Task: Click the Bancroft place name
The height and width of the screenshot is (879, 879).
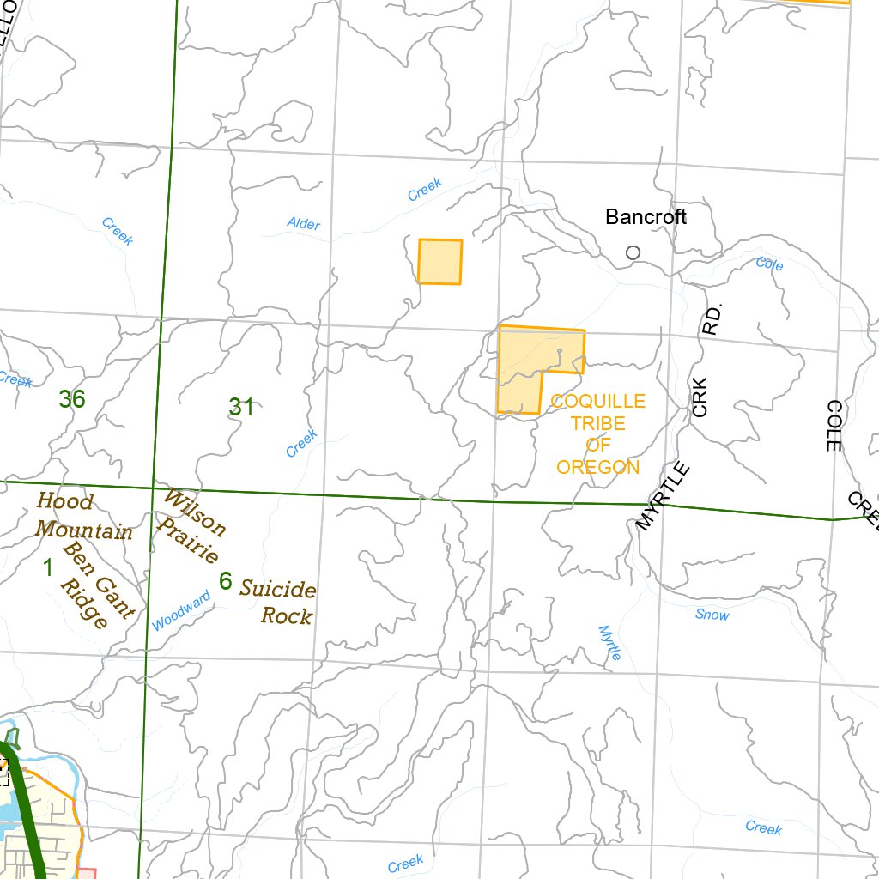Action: tap(646, 217)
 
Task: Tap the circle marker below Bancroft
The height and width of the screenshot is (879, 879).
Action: tap(633, 252)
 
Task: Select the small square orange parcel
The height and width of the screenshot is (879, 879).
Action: tap(439, 262)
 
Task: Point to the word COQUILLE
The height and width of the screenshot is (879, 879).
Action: tap(597, 402)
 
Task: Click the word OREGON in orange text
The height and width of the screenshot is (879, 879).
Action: tap(597, 468)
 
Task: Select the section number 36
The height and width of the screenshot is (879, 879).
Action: tap(72, 399)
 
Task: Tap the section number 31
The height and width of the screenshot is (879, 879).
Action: tap(241, 408)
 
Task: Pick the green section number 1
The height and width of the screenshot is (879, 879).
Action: tap(48, 567)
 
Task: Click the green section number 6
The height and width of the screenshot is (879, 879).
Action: tap(225, 582)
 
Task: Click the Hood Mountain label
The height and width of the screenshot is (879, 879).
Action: tap(83, 516)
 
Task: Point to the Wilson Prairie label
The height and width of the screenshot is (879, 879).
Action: tap(192, 525)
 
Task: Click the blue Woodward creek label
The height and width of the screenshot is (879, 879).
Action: tap(181, 611)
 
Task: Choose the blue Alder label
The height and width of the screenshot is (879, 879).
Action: tap(303, 225)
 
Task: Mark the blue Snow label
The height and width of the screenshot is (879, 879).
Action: tap(712, 615)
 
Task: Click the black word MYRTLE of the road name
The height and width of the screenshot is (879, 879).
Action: tap(663, 496)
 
